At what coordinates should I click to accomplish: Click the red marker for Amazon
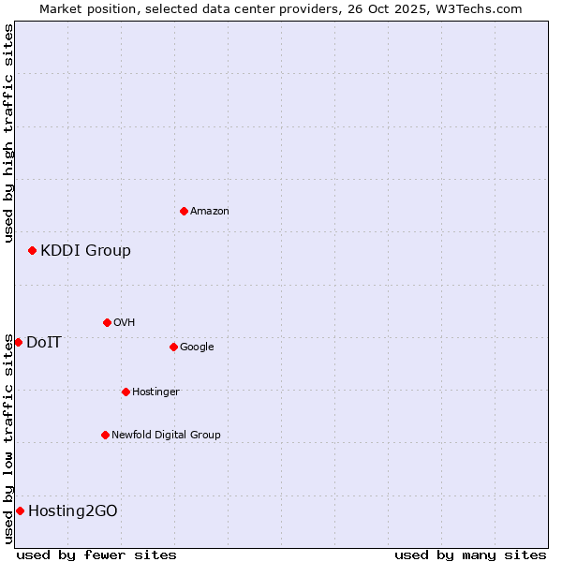[x=184, y=211]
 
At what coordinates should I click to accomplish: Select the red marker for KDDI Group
[x=32, y=250]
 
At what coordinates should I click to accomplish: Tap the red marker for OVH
[x=107, y=322]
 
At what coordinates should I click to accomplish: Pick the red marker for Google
[x=173, y=347]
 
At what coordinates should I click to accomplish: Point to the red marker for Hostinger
[x=126, y=392]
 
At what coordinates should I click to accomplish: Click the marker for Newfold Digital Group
[x=105, y=435]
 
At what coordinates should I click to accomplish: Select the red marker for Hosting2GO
[x=20, y=510]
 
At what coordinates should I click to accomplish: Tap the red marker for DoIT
[x=18, y=342]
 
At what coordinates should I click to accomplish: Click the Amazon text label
[x=210, y=211]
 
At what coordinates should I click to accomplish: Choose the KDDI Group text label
[x=85, y=250]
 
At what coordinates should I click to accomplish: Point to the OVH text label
[x=125, y=322]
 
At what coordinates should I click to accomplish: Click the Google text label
[x=197, y=347]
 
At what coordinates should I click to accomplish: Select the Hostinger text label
[x=155, y=392]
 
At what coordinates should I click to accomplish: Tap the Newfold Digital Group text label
[x=166, y=435]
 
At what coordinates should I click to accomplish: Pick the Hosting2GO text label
[x=73, y=510]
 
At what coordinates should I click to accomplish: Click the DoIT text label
[x=44, y=342]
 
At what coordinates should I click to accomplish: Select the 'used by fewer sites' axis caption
[x=96, y=555]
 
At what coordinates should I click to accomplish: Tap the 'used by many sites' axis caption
[x=470, y=555]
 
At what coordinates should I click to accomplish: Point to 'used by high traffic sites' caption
[x=8, y=133]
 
